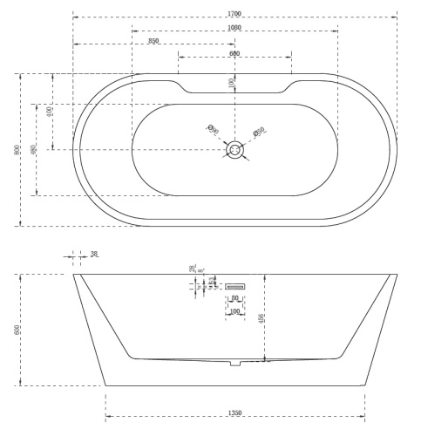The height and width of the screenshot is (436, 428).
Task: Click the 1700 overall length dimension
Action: click(x=234, y=15)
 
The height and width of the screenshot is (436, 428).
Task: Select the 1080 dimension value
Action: click(x=234, y=28)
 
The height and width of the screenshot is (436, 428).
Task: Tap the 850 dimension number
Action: click(x=153, y=41)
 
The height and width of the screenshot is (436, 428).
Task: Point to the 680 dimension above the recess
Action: click(x=234, y=54)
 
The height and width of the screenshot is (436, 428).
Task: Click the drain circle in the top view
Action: click(x=235, y=150)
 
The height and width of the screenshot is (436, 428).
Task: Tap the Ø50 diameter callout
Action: click(x=259, y=132)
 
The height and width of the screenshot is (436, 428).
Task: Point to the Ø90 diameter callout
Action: click(x=213, y=130)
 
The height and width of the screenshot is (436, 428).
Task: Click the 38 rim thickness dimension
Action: click(x=94, y=255)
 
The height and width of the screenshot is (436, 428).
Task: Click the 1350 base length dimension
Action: click(x=234, y=412)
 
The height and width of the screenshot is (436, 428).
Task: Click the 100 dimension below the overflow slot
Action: click(x=234, y=311)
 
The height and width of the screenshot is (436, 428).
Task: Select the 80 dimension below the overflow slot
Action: click(x=235, y=298)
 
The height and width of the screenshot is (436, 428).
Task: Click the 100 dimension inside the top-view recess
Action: click(x=231, y=82)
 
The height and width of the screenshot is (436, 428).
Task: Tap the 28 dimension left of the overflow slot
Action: click(x=193, y=269)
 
